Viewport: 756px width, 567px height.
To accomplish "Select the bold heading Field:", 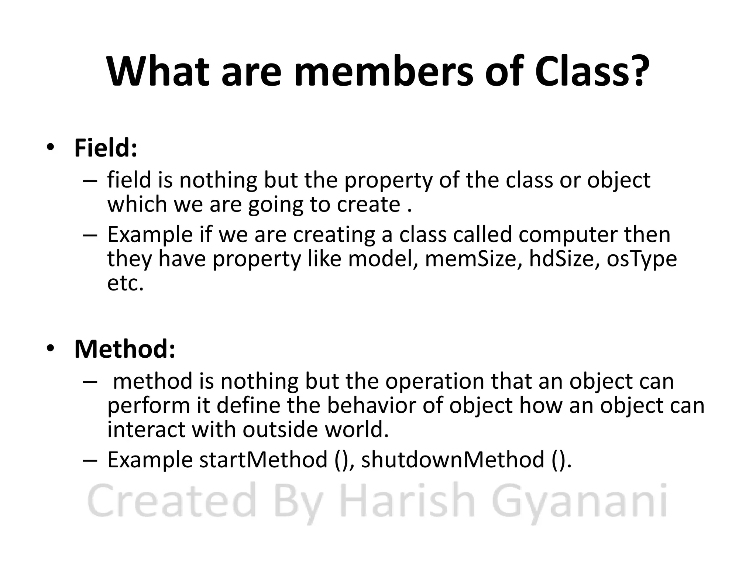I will (x=106, y=148).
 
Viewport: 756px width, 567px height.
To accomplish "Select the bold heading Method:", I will (x=125, y=349).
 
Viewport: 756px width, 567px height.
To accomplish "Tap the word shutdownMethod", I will (x=453, y=460).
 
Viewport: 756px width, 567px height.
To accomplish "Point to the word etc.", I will (x=125, y=283).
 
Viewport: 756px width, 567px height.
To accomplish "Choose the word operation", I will (x=434, y=382).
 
